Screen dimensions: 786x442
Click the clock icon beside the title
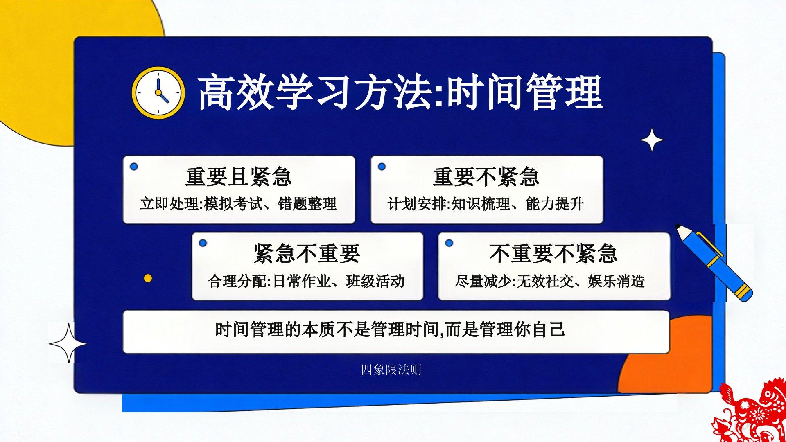(x=158, y=92)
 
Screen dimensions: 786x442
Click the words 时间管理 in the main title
(x=524, y=92)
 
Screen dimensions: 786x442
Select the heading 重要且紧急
(x=239, y=177)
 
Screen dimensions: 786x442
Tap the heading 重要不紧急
(x=486, y=177)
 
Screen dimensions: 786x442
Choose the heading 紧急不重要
(x=307, y=253)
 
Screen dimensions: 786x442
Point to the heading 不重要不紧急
(x=553, y=253)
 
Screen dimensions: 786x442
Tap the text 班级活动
(x=375, y=281)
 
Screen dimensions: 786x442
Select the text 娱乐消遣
(x=617, y=281)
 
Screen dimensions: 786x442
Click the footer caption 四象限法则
(x=391, y=370)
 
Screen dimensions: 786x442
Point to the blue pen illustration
(x=714, y=262)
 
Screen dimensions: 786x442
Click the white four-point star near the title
(x=652, y=140)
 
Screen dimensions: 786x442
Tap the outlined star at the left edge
(x=68, y=343)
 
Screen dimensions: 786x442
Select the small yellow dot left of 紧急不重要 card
(x=148, y=278)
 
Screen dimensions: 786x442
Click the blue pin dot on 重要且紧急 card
(x=133, y=167)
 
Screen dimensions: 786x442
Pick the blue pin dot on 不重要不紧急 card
(x=449, y=243)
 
